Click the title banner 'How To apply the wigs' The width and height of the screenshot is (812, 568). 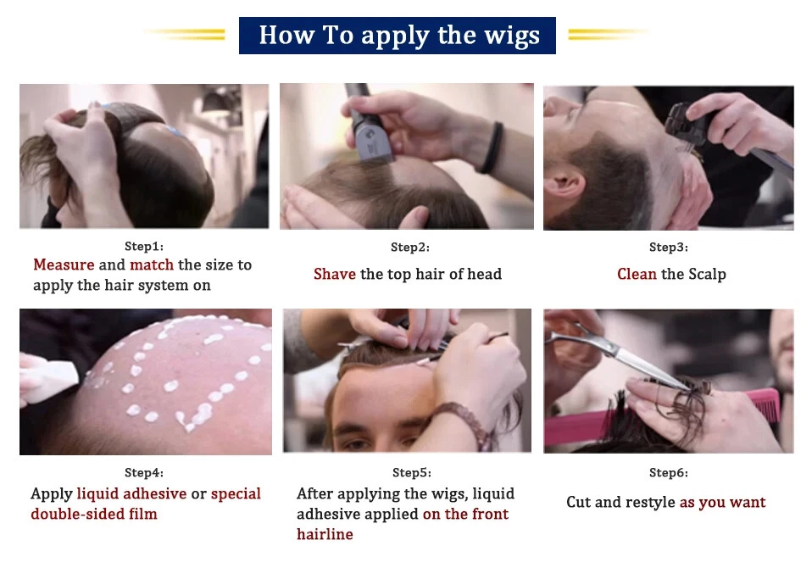(398, 36)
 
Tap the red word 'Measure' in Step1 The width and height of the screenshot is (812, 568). (64, 265)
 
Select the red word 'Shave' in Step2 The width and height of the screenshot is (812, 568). (335, 274)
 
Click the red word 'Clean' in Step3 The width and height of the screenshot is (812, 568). (637, 274)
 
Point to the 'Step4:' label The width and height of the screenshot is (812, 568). (144, 472)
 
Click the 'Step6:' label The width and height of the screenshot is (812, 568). (669, 472)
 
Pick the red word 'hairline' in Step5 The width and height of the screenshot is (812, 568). (325, 534)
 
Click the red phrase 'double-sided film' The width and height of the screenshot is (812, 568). (94, 514)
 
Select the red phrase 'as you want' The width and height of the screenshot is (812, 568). (722, 502)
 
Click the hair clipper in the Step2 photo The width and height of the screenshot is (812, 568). (369, 125)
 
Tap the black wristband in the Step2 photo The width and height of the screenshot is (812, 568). (492, 148)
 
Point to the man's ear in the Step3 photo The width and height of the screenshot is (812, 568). (565, 186)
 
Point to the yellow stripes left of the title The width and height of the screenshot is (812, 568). (186, 34)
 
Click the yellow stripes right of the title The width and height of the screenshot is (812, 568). (608, 34)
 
